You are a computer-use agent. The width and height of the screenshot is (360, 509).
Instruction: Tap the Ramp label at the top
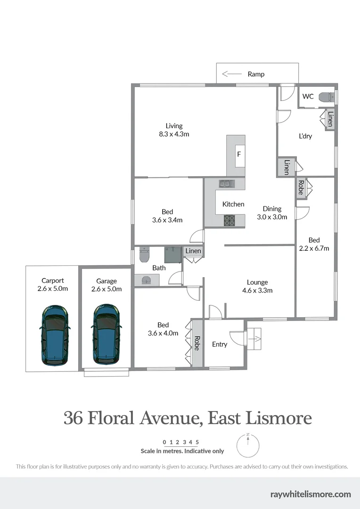(x=256, y=74)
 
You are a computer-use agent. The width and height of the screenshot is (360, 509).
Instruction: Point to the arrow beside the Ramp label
(x=231, y=74)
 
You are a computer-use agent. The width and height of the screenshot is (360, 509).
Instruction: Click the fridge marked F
(x=239, y=154)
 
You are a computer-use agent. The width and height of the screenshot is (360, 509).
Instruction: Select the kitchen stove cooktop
(x=229, y=220)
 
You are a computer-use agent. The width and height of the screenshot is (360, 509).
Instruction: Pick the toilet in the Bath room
(x=144, y=255)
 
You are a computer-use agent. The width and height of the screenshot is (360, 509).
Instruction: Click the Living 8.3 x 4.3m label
(x=174, y=130)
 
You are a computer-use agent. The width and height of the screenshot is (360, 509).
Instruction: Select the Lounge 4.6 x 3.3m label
(x=257, y=286)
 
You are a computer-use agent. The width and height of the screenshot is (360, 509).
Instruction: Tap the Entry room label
(x=220, y=344)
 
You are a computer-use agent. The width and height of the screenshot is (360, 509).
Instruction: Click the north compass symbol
(x=248, y=445)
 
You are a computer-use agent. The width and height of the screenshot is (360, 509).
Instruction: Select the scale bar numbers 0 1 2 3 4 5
(x=181, y=442)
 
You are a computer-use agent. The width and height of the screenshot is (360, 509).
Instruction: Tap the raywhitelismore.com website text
(x=311, y=494)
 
